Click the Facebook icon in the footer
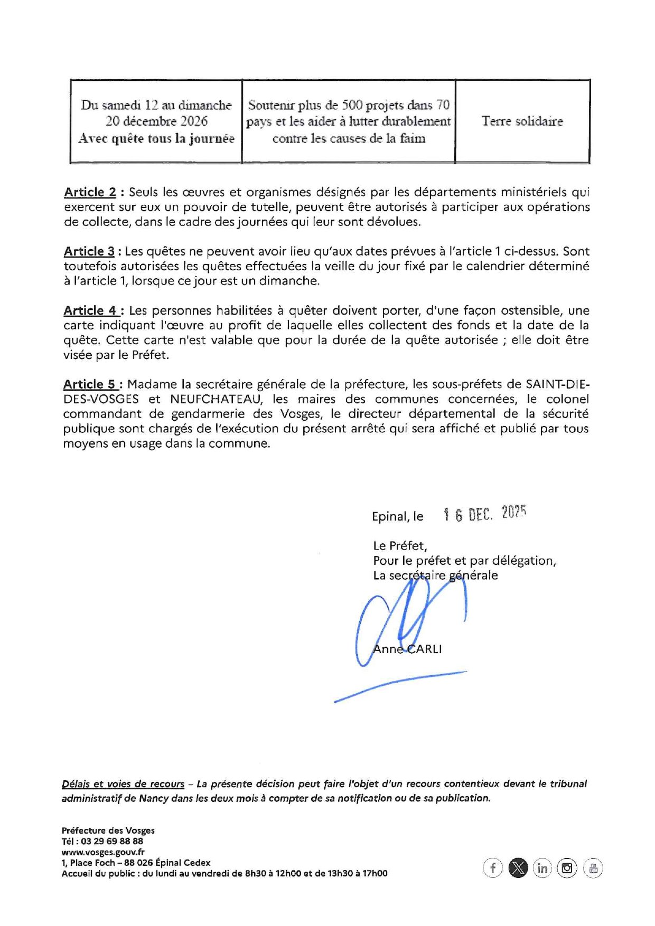click(x=492, y=868)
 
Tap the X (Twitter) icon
click(x=518, y=868)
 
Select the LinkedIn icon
click(x=542, y=868)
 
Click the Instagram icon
click(x=567, y=868)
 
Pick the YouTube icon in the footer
click(x=593, y=868)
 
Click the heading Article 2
click(x=90, y=192)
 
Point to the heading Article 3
click(x=89, y=251)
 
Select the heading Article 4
click(x=90, y=310)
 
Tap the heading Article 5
click(x=89, y=384)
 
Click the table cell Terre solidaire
click(x=522, y=121)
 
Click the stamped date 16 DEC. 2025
click(x=485, y=514)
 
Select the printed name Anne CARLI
click(x=407, y=649)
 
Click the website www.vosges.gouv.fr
click(x=103, y=852)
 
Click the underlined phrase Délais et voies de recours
click(x=123, y=784)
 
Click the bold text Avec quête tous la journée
click(x=156, y=138)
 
